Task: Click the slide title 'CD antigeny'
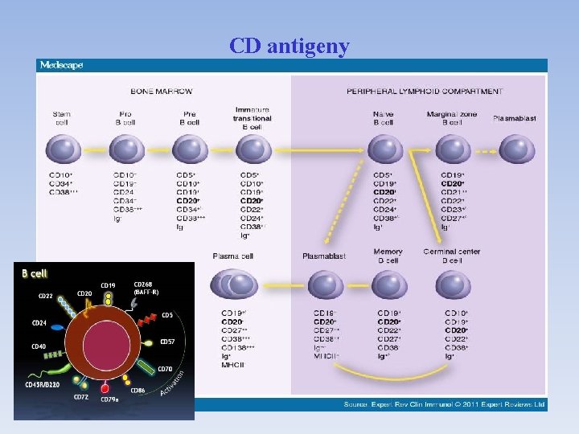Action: [289, 47]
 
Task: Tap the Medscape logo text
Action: [61, 66]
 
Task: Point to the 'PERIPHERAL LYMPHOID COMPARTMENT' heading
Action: [425, 91]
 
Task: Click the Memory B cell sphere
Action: [388, 285]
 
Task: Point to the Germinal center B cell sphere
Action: [453, 285]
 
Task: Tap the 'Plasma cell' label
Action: [233, 256]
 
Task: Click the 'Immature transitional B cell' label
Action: [253, 118]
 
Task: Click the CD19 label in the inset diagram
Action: [108, 285]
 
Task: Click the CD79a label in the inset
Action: [109, 399]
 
